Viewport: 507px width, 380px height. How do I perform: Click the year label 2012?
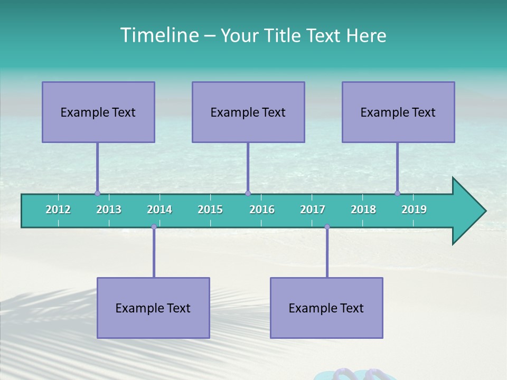[58, 210]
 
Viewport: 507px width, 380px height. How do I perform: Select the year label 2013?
[109, 210]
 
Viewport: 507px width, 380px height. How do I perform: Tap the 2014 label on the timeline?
[159, 210]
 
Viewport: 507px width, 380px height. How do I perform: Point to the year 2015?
[210, 210]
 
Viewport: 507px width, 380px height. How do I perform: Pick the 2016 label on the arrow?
[262, 210]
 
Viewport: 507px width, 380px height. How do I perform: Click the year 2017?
[313, 210]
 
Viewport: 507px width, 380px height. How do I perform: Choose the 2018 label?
[363, 210]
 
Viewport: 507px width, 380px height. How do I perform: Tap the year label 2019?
[414, 210]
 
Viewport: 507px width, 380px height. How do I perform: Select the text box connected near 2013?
[98, 112]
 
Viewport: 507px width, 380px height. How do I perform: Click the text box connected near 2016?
[248, 112]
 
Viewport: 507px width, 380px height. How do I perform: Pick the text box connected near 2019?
[398, 112]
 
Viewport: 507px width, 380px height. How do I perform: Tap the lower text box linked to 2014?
[153, 308]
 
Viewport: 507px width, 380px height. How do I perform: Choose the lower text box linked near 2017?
[326, 308]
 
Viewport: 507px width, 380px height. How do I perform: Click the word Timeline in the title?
[158, 35]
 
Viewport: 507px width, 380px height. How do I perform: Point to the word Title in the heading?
[285, 35]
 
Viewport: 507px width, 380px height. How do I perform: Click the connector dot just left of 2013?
[97, 193]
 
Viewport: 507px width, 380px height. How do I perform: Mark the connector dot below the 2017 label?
[327, 227]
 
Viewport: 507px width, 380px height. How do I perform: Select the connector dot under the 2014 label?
[154, 227]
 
